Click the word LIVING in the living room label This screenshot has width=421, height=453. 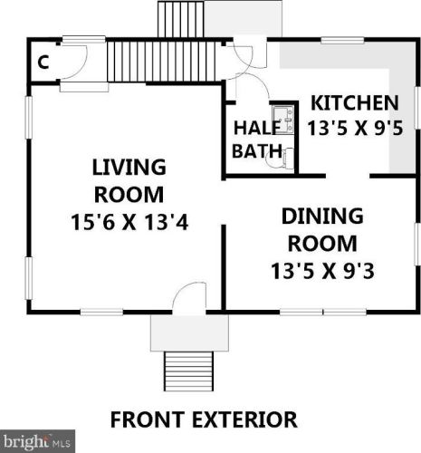(128, 168)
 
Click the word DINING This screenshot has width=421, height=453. (321, 217)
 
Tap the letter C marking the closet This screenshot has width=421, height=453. (43, 63)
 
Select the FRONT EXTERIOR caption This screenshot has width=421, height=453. (203, 419)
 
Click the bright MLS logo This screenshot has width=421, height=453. (35, 443)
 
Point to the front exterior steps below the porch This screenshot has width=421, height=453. (189, 370)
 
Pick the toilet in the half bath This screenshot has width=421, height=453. (285, 158)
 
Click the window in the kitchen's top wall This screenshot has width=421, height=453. (340, 39)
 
